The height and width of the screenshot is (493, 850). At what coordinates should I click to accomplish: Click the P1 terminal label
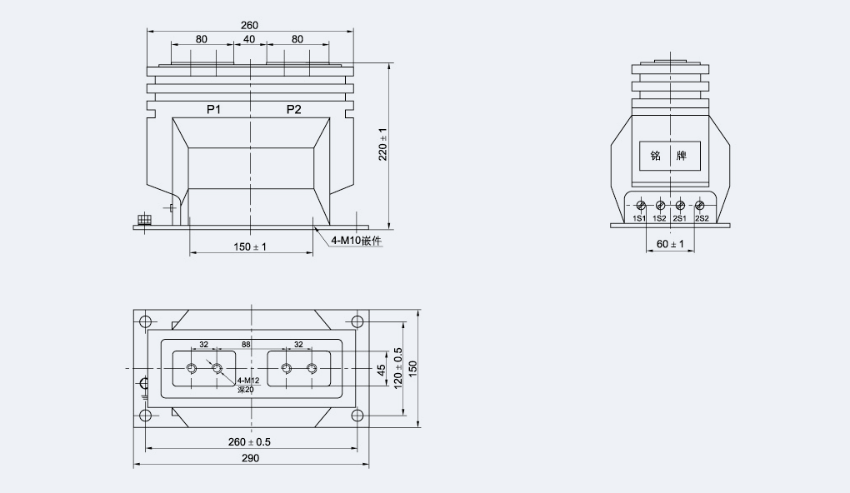[213, 109]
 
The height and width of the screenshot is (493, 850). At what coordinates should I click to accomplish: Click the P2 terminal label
[294, 109]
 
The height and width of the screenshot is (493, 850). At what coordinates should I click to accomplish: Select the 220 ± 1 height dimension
[382, 144]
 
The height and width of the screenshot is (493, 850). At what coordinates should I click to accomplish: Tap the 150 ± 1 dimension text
[250, 247]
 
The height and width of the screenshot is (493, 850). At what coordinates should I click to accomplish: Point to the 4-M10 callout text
[356, 241]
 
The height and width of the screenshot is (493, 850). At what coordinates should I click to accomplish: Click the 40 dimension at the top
[249, 39]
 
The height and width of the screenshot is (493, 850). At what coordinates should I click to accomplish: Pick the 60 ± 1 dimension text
[670, 244]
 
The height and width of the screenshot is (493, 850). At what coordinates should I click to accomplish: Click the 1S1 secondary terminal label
[639, 218]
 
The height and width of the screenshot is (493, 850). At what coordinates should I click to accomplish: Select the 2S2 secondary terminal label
[702, 218]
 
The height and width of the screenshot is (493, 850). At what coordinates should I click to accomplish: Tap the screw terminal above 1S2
[660, 206]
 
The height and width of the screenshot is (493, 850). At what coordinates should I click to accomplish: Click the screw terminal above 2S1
[680, 206]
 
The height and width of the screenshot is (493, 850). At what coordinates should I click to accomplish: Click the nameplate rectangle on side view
[670, 156]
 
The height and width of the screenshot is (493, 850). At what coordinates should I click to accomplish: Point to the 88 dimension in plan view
[246, 345]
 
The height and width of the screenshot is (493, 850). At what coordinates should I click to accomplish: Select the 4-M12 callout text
[248, 381]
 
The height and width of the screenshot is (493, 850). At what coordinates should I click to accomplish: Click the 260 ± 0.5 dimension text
[249, 442]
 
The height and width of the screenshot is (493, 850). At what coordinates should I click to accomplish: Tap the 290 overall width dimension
[250, 458]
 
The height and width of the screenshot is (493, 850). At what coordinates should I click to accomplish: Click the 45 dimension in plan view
[381, 370]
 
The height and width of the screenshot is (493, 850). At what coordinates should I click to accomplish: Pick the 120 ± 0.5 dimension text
[397, 368]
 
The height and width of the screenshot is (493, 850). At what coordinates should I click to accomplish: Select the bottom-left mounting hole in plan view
[145, 416]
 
